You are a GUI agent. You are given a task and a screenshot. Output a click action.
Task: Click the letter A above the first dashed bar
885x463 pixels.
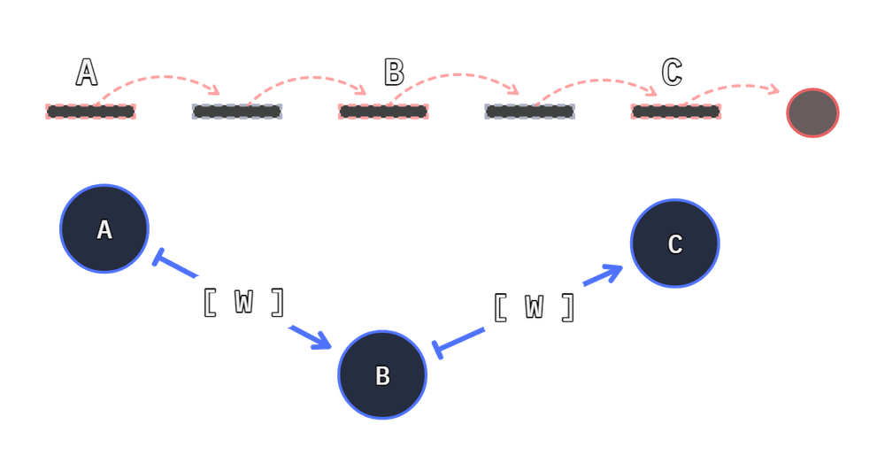[86, 73]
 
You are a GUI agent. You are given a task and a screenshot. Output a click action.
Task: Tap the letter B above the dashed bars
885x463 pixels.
[393, 73]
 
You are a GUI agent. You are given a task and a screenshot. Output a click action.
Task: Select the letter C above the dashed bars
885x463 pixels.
[672, 73]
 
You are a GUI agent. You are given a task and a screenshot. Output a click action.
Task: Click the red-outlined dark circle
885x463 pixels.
[813, 112]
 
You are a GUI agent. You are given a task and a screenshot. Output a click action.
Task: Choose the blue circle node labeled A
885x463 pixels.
[104, 229]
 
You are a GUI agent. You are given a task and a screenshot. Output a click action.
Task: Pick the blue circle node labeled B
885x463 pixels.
[382, 375]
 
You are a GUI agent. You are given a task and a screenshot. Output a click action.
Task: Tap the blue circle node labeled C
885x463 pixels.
[674, 243]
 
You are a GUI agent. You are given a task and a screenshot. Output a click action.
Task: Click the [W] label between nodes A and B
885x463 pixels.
[242, 303]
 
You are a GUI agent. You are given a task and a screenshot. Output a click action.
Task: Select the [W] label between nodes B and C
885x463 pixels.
[534, 307]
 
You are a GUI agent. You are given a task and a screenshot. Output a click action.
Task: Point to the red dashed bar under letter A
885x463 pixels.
[91, 112]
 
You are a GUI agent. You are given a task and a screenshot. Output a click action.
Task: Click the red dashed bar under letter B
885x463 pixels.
[383, 112]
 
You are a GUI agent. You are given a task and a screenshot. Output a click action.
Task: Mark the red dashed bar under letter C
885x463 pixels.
[676, 112]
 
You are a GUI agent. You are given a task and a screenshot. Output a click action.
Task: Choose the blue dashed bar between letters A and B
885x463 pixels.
[236, 112]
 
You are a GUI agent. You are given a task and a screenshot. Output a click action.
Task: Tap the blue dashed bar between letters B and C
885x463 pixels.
[529, 112]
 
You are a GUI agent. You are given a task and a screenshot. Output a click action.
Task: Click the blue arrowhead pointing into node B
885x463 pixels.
[322, 341]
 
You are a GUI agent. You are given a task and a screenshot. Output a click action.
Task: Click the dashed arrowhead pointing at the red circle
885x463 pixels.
[774, 90]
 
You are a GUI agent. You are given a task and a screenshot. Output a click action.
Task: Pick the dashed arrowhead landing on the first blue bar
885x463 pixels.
[216, 91]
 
